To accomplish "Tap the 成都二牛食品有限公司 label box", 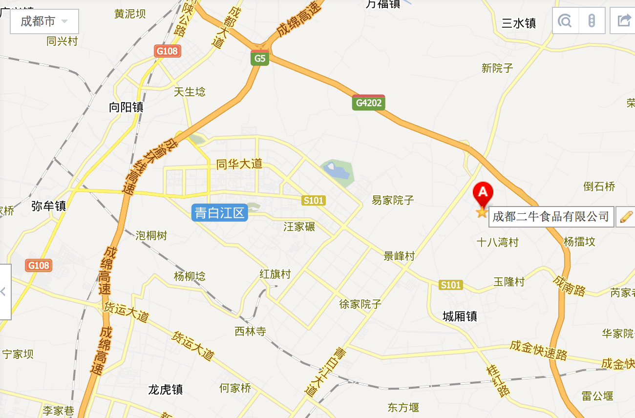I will (551, 216).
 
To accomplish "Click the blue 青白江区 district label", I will (219, 213).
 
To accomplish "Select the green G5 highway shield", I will (260, 59).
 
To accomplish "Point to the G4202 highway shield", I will (368, 103).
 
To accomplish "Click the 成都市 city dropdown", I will (44, 21).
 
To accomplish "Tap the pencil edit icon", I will (626, 216).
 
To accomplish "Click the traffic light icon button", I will (592, 21).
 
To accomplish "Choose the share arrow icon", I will (624, 21).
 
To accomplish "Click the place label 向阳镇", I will (126, 107).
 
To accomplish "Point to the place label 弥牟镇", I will (48, 206).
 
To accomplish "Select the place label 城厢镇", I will (460, 316).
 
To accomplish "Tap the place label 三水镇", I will (519, 23).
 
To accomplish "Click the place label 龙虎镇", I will (166, 390).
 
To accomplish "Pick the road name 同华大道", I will (239, 164).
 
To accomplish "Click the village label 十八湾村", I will (497, 242).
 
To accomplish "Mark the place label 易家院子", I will (393, 200).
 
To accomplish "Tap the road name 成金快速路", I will (538, 349).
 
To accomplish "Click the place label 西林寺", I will (250, 332).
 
